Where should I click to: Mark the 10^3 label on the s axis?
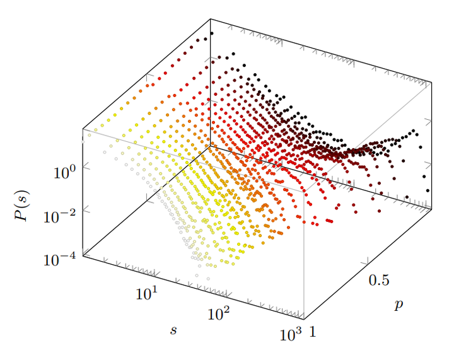(x=291, y=334)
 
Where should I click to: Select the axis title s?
(x=173, y=329)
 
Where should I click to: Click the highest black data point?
(x=212, y=33)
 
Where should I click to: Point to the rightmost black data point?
(x=428, y=190)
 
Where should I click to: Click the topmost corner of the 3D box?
(x=210, y=18)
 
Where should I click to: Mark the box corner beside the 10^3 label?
(x=305, y=320)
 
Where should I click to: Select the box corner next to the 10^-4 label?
(x=83, y=257)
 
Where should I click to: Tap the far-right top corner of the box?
(x=432, y=83)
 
